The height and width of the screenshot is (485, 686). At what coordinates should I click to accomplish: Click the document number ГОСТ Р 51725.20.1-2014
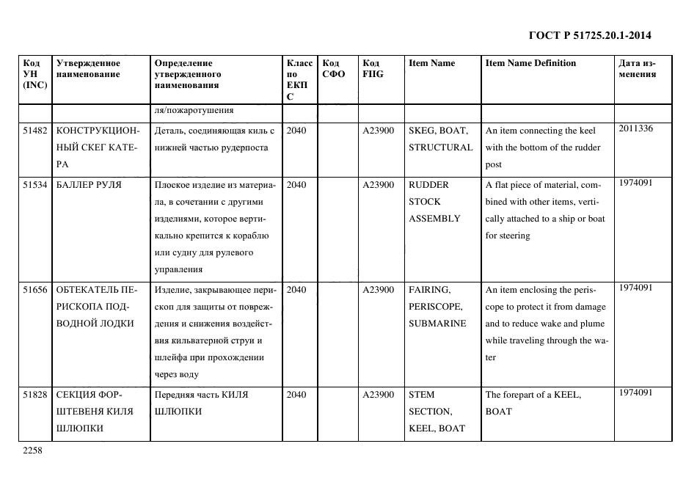590,34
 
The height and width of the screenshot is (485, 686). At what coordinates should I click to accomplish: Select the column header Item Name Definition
530,63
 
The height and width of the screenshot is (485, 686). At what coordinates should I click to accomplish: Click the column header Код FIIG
373,68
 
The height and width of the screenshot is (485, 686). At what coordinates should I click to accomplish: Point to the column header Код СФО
333,68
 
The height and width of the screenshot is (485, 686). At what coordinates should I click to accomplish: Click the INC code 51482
35,131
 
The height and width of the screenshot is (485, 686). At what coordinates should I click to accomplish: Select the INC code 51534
35,185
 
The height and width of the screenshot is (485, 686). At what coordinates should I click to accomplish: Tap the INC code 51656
35,290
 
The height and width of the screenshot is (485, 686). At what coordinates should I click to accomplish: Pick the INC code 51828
35,395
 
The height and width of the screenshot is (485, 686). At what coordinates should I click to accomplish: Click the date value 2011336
635,128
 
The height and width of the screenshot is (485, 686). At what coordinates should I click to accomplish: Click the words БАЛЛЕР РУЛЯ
89,185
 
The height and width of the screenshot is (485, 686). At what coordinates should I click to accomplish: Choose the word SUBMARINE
437,324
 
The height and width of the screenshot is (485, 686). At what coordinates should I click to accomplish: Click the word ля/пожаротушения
194,111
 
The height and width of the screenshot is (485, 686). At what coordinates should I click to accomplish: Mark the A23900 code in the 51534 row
379,185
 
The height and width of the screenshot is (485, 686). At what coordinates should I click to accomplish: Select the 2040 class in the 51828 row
296,395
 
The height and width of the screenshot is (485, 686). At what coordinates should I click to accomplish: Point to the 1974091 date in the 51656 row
635,288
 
